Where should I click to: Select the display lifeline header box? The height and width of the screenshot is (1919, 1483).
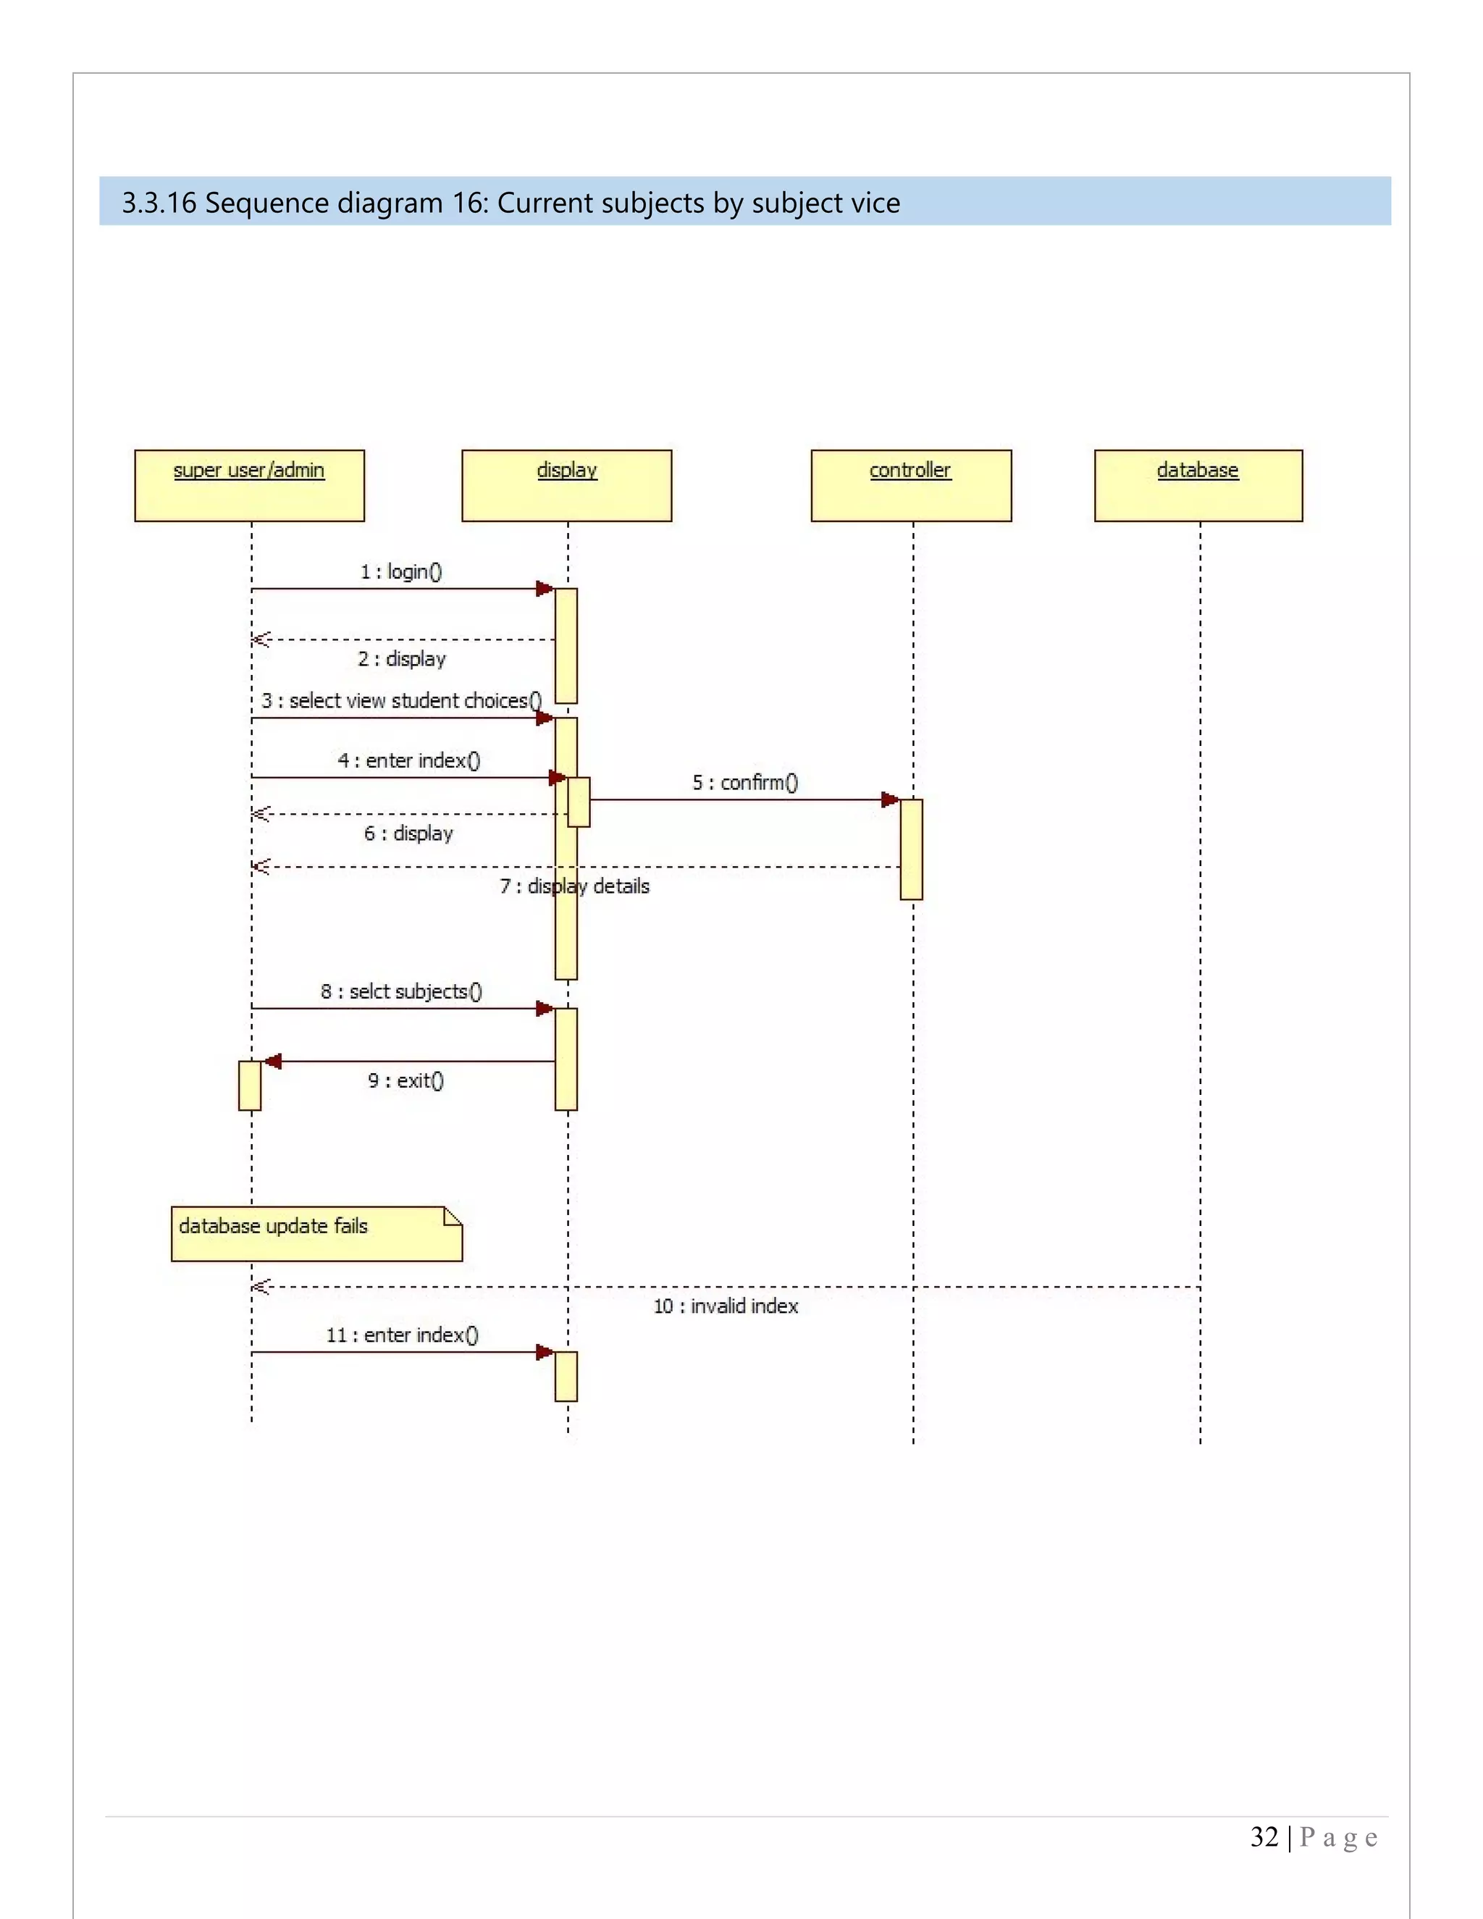click(x=567, y=486)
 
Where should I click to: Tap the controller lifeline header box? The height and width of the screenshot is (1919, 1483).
click(x=911, y=486)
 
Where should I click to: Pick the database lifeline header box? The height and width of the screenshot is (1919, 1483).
click(x=1198, y=486)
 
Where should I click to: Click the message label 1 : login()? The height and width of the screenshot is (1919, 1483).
click(x=401, y=572)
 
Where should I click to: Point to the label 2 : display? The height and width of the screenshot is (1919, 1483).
click(x=401, y=659)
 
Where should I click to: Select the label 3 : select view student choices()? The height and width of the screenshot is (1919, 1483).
click(x=400, y=701)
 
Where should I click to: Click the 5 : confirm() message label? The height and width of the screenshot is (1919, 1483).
click(x=745, y=783)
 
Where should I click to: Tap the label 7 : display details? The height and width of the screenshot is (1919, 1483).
click(x=574, y=886)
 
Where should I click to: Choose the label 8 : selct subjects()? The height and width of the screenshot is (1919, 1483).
click(x=401, y=992)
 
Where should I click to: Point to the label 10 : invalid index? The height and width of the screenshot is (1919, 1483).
click(x=726, y=1306)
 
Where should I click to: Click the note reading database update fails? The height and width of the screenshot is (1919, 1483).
click(x=316, y=1235)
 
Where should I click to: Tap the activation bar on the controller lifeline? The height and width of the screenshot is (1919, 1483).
click(x=911, y=849)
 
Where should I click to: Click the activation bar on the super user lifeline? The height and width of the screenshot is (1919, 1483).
click(x=250, y=1086)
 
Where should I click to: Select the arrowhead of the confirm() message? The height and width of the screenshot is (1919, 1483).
click(x=891, y=799)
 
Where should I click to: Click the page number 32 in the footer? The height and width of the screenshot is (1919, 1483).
click(x=1264, y=1837)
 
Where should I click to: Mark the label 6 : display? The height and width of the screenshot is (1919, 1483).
click(x=408, y=833)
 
